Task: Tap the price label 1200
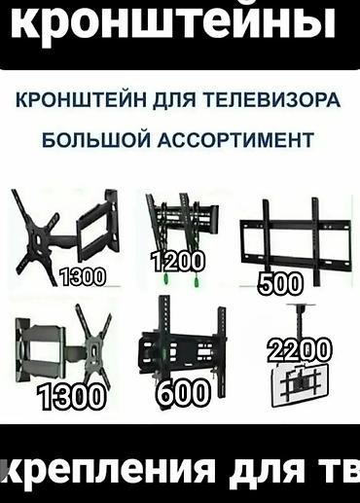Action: pos(177,261)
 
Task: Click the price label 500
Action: pos(280,283)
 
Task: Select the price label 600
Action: pos(183,392)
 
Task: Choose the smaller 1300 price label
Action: pos(82,276)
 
